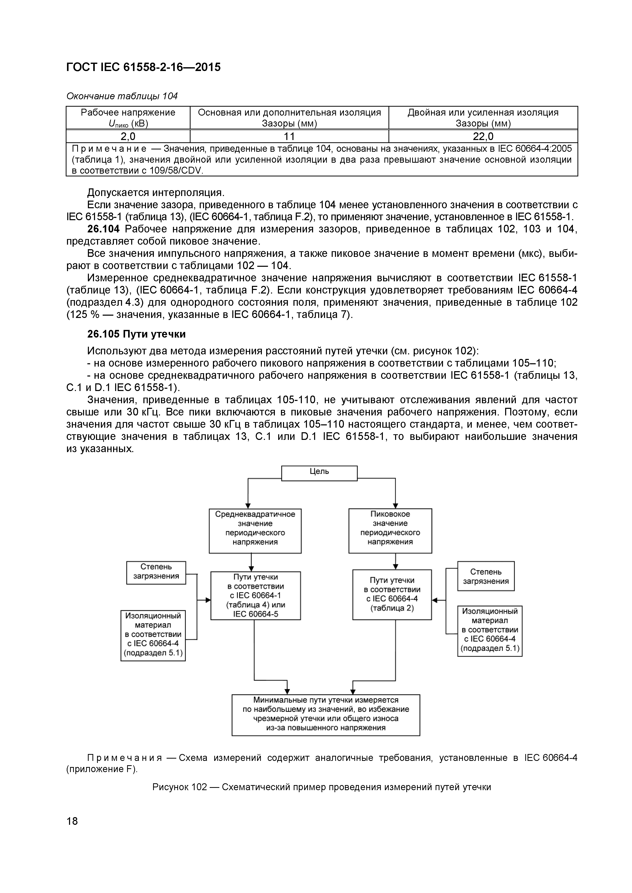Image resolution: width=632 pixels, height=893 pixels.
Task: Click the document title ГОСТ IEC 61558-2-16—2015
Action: coord(143,67)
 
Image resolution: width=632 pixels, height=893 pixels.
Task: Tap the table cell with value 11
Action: coord(289,136)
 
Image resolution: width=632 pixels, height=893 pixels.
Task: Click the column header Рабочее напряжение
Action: coord(128,113)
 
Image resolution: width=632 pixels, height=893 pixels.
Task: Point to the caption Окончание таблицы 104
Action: coord(122,96)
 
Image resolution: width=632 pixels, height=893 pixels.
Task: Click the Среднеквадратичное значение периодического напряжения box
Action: coord(255,531)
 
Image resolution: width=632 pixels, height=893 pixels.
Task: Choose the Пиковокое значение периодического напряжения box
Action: coord(390,531)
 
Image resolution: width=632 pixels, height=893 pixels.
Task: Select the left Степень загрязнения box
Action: coord(156,572)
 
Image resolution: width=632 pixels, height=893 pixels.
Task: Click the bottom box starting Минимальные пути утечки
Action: coord(326,715)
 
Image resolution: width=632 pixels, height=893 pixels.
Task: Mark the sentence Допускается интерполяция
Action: coord(156,192)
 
